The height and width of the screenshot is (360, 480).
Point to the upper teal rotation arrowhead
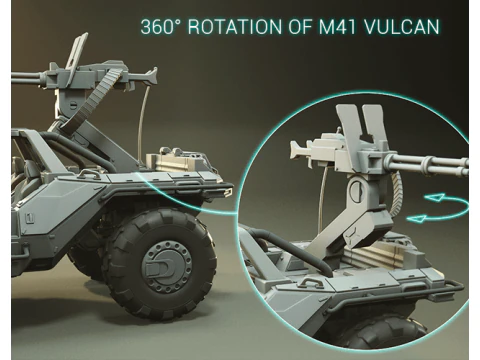(x=441, y=197)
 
